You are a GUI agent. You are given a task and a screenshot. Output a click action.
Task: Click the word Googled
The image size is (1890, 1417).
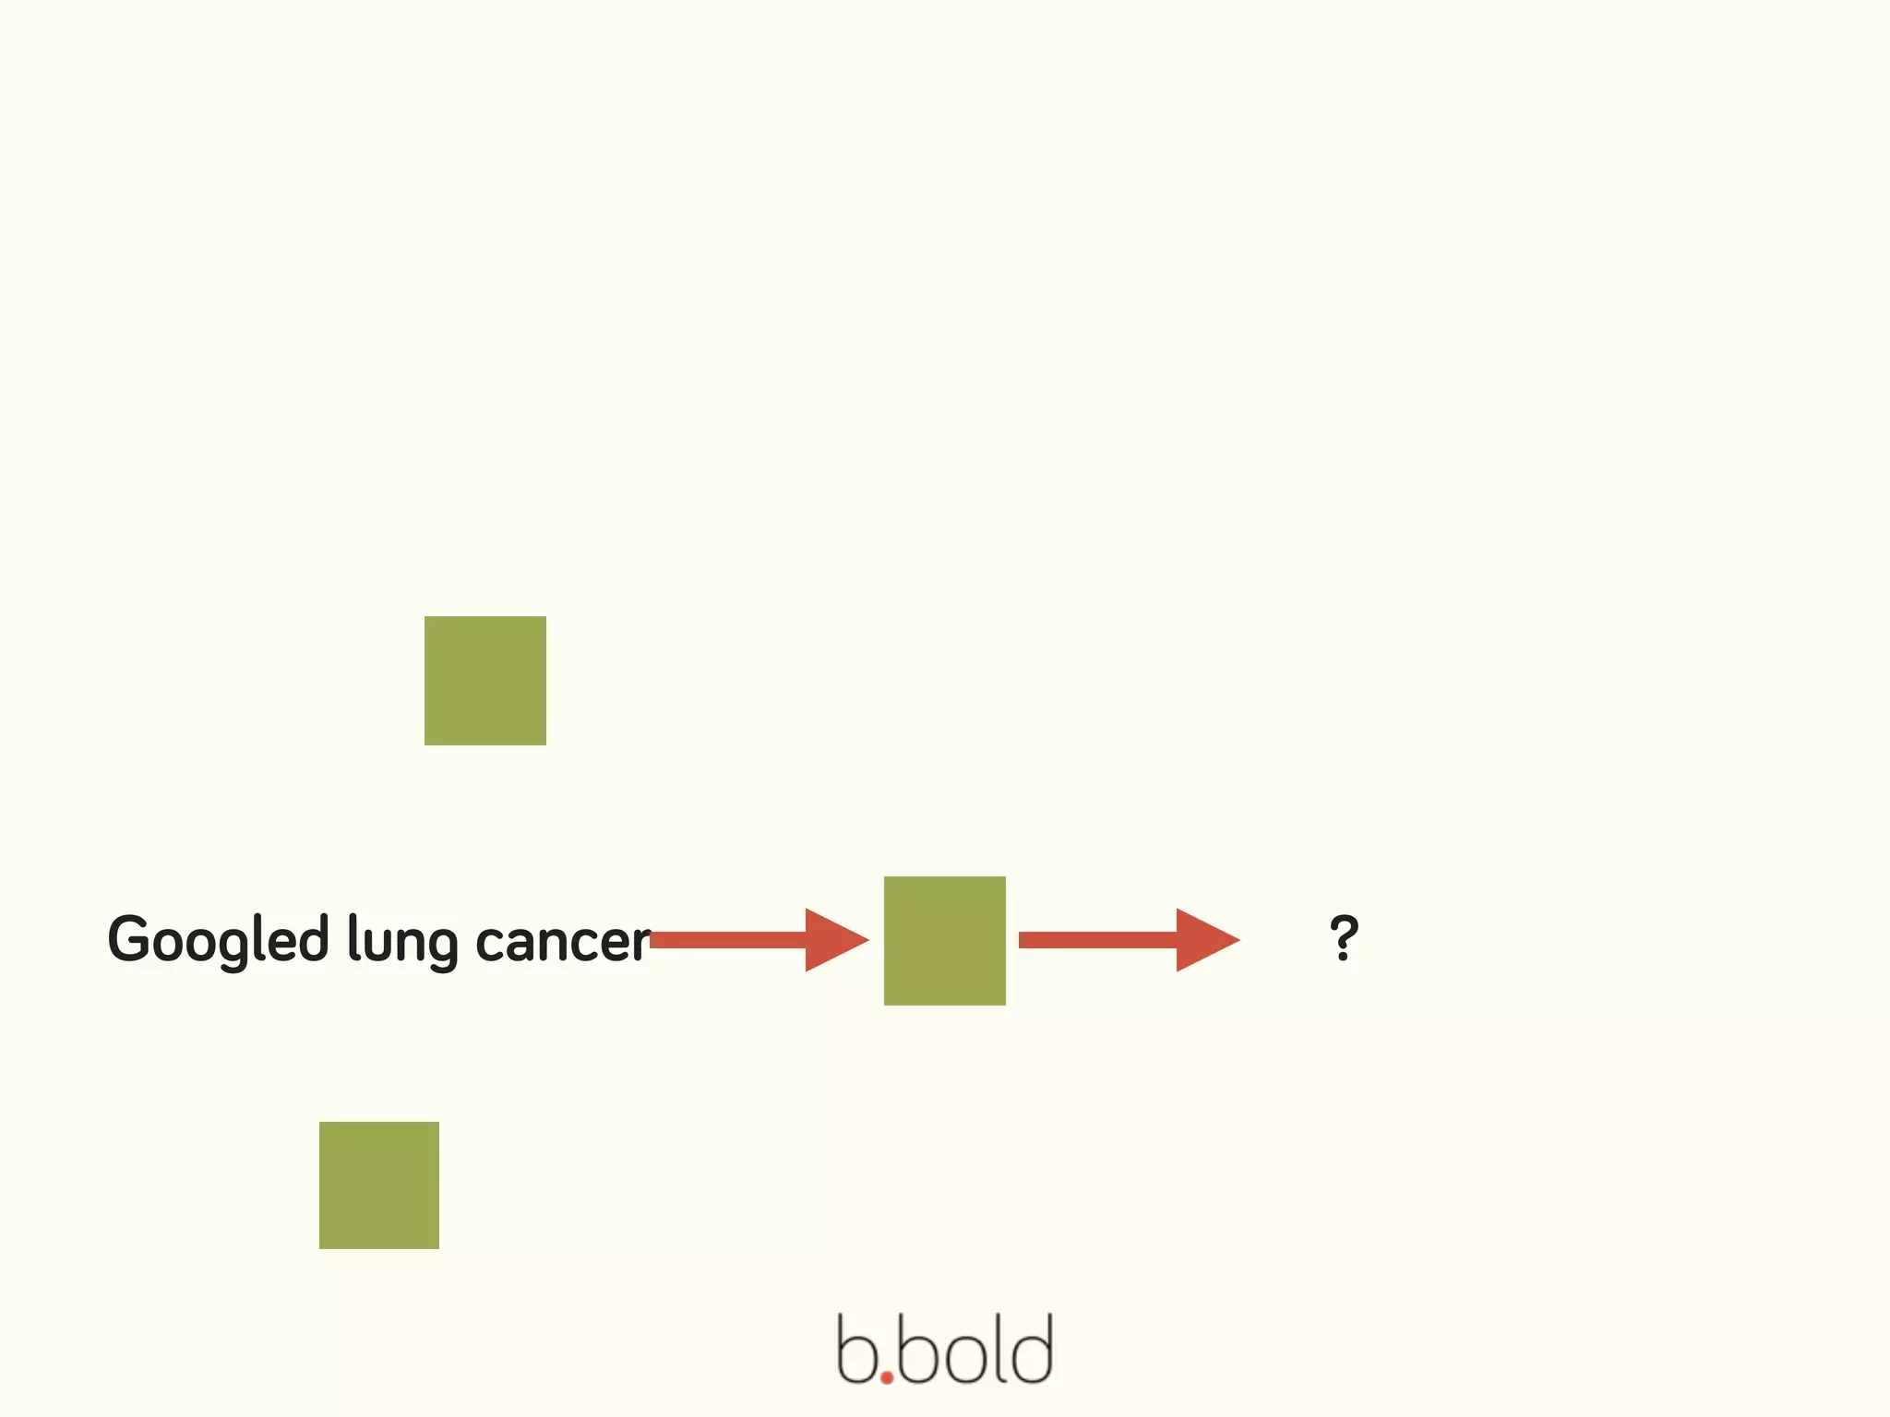pos(218,940)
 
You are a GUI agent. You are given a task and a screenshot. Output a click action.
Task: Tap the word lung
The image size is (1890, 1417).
pos(402,942)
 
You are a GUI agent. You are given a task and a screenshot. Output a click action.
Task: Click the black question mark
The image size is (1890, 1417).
pos(1344,937)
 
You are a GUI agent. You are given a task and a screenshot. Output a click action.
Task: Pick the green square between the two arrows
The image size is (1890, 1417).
pos(944,940)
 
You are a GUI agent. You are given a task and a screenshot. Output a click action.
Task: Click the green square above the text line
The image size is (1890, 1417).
pos(484,680)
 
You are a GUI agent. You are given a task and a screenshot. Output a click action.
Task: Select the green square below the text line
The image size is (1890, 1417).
pos(378,1185)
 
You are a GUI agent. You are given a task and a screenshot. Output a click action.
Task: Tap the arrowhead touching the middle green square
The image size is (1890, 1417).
pos(833,940)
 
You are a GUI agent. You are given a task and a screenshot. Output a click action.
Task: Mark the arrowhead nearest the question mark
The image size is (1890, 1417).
pos(1204,940)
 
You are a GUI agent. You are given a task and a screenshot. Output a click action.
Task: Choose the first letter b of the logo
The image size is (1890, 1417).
pos(855,1351)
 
